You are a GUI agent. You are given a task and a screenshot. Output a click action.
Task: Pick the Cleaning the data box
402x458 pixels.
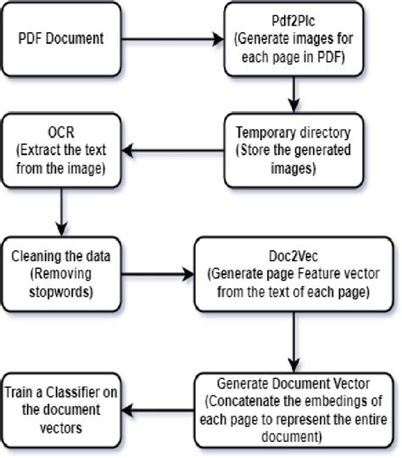[56, 273]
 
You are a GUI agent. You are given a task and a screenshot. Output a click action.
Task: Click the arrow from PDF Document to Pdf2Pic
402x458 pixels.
[170, 40]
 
